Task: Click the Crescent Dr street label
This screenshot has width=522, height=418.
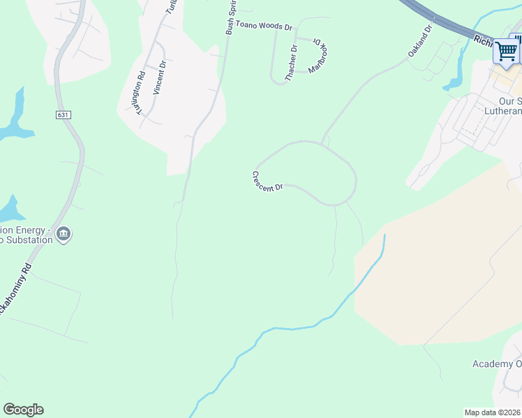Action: pos(267,183)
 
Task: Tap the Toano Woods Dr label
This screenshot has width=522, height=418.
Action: pos(264,26)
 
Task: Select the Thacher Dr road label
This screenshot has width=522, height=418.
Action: pos(292,63)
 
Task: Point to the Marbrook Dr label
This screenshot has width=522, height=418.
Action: pos(315,56)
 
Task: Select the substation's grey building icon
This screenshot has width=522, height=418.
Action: pos(64,233)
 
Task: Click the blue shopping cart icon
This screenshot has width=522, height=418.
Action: pos(506,52)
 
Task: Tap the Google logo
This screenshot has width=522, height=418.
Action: pos(23,410)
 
